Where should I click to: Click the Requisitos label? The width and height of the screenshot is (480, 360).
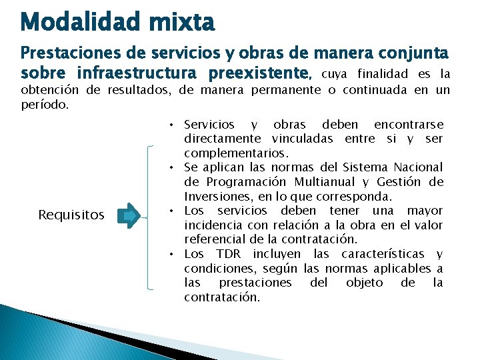[71, 215]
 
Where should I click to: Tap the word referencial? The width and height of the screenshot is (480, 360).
[215, 239]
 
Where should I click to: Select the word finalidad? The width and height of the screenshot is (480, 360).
[386, 73]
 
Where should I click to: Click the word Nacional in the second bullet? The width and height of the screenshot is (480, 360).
[417, 167]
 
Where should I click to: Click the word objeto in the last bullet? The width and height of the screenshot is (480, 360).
[365, 282]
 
